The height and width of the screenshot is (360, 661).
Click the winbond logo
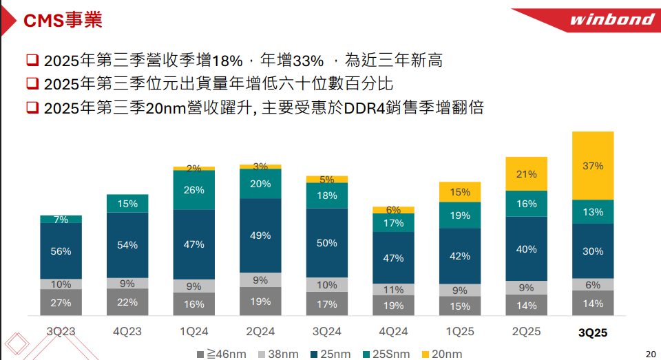point(611,19)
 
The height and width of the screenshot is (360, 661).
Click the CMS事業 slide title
point(63,21)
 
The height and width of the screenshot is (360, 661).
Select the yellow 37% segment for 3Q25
point(593,166)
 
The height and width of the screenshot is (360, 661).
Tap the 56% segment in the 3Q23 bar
point(61,251)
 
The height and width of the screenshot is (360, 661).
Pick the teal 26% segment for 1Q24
point(194,190)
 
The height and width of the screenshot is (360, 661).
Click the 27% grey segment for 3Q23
point(61,302)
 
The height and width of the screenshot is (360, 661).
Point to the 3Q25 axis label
point(593,332)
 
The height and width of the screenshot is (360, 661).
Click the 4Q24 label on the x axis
point(393,331)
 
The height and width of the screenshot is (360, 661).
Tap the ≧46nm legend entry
point(222,354)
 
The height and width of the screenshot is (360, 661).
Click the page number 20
point(651,354)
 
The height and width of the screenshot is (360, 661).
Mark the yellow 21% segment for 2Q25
point(527,174)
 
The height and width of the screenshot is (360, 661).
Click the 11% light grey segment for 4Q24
point(393,289)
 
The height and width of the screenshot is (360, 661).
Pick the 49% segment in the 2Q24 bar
point(260,235)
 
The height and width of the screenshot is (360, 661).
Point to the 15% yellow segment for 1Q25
point(460,192)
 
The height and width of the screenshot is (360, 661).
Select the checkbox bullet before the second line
point(32,84)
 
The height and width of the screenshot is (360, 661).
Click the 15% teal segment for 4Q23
point(127,204)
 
